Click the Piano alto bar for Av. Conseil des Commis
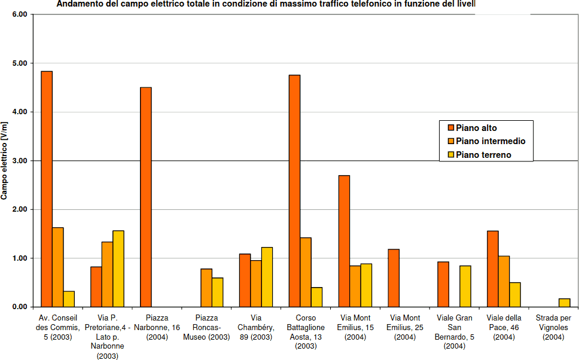tap(47, 189)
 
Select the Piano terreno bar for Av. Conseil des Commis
tap(69, 299)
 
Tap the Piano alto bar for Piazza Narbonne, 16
tap(146, 197)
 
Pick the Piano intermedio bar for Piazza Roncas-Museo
tap(206, 288)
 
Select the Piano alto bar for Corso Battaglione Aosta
tap(294, 191)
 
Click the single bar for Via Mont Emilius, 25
tap(394, 278)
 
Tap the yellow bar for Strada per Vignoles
tap(564, 303)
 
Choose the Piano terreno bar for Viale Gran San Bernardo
tap(465, 286)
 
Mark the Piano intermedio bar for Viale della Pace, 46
tap(504, 281)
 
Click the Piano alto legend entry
tap(476, 127)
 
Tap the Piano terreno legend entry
tap(483, 155)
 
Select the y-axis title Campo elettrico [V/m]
tap(5, 160)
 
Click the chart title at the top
tap(266, 5)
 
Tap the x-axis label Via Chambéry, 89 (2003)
tap(256, 328)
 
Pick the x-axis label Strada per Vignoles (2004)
tap(553, 328)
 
